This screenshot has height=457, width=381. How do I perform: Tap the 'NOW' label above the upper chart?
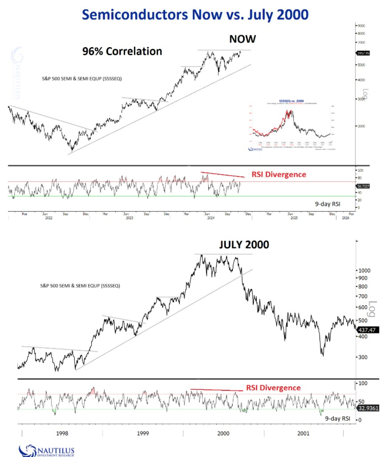pyautogui.click(x=243, y=39)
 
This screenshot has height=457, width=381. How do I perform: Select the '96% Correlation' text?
pyautogui.click(x=122, y=51)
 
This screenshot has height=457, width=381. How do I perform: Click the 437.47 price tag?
pyautogui.click(x=367, y=331)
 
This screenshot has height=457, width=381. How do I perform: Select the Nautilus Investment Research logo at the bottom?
pyautogui.click(x=46, y=449)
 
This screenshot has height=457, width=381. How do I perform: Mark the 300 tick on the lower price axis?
pyautogui.click(x=364, y=357)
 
